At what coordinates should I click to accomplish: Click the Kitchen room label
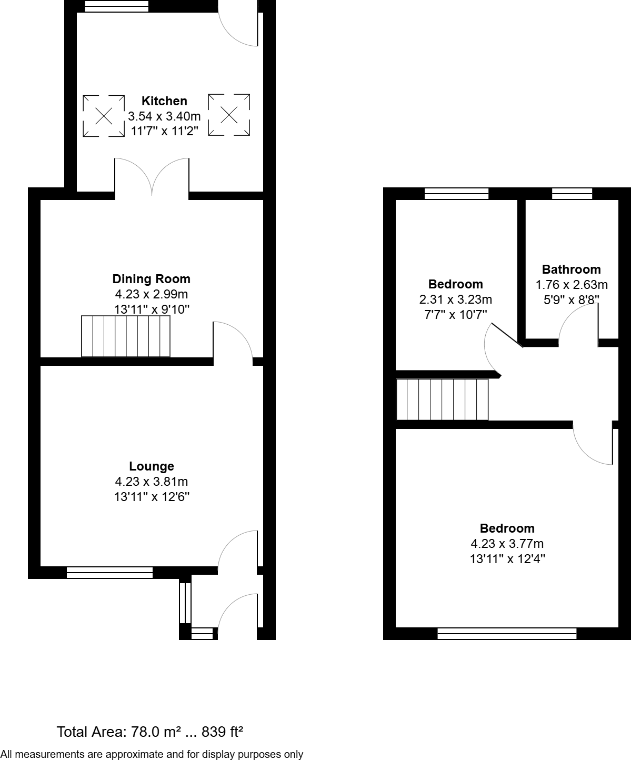(x=164, y=101)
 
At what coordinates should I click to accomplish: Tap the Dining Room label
(x=152, y=279)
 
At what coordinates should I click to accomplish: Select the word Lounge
(x=152, y=466)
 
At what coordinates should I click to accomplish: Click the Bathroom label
(x=572, y=269)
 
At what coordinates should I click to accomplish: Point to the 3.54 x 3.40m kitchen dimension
(x=164, y=116)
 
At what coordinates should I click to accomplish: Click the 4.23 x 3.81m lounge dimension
(x=152, y=482)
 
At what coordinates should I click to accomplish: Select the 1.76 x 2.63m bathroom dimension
(x=572, y=285)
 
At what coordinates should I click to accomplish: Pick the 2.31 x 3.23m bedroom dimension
(x=456, y=299)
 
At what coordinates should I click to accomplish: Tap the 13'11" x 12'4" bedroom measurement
(x=507, y=559)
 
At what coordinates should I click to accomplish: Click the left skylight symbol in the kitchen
(x=104, y=115)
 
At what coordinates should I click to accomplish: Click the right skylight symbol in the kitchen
(x=229, y=115)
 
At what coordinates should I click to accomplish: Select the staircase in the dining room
(x=126, y=336)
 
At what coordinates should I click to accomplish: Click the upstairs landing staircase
(x=442, y=399)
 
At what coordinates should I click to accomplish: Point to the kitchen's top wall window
(x=117, y=6)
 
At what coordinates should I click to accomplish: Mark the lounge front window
(x=109, y=573)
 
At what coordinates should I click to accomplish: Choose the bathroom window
(x=572, y=194)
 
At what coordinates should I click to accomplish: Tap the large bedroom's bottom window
(x=507, y=634)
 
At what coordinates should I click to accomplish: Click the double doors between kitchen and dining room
(x=152, y=176)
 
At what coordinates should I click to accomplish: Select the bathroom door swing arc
(x=577, y=324)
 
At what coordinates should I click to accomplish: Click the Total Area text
(x=149, y=732)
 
